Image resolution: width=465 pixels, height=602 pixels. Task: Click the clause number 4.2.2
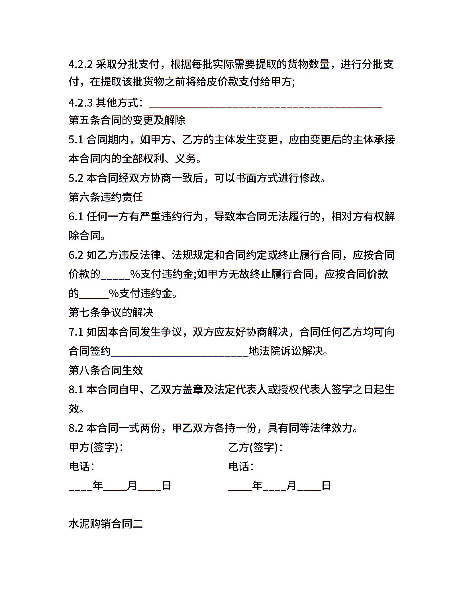(x=80, y=64)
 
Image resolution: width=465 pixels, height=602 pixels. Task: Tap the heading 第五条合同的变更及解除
(x=127, y=120)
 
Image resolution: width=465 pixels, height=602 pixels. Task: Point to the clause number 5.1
(x=76, y=140)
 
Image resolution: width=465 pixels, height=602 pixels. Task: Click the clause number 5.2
(x=76, y=178)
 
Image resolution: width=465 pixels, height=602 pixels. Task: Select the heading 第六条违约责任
(x=106, y=197)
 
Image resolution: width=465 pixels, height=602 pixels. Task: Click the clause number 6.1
(x=76, y=217)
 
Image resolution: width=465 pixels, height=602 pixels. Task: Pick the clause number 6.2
(x=76, y=255)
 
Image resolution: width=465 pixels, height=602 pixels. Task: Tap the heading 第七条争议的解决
(x=111, y=313)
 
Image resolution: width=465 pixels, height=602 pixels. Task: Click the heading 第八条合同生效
(x=106, y=370)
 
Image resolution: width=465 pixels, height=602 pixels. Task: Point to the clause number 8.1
(x=76, y=390)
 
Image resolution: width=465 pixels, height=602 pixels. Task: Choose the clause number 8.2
(x=76, y=428)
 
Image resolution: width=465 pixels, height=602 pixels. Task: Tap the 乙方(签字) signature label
(x=255, y=448)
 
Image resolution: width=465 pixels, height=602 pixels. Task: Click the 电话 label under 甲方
(x=81, y=467)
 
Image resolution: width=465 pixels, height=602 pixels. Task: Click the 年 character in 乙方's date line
(x=257, y=486)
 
